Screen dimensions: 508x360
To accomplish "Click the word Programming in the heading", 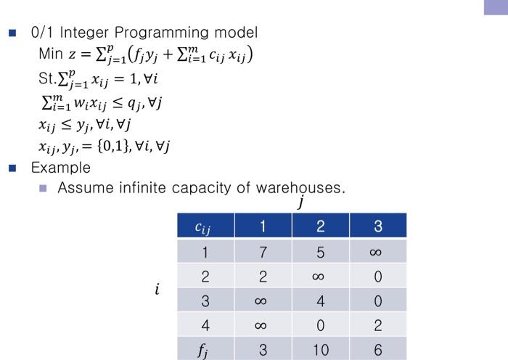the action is click(x=162, y=33).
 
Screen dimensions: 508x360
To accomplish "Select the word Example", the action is click(x=61, y=168).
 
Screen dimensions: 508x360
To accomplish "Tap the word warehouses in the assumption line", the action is click(x=300, y=187).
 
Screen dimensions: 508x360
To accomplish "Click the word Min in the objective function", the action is click(x=51, y=54).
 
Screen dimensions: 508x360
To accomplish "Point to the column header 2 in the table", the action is click(x=321, y=226).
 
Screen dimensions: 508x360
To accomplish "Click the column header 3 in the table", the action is click(x=378, y=226).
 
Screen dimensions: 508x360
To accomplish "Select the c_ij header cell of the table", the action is click(x=205, y=226).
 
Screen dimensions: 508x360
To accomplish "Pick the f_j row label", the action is click(x=205, y=349).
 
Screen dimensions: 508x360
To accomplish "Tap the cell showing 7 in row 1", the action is click(x=263, y=251).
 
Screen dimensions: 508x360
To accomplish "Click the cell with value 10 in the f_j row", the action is click(x=321, y=349).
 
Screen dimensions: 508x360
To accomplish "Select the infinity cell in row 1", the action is click(x=378, y=251).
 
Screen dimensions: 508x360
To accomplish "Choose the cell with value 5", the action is click(x=321, y=251).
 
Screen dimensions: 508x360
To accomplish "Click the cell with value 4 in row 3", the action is click(x=321, y=300).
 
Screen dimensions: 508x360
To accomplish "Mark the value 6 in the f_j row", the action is click(x=378, y=349).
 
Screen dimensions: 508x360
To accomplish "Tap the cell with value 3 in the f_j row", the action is click(x=263, y=349).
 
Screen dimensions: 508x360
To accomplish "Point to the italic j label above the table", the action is click(x=301, y=202).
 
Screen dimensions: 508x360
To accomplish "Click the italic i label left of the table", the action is click(x=157, y=289).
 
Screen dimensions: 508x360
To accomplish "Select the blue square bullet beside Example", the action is click(x=12, y=168).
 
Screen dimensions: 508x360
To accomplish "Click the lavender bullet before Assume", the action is click(x=43, y=188).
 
